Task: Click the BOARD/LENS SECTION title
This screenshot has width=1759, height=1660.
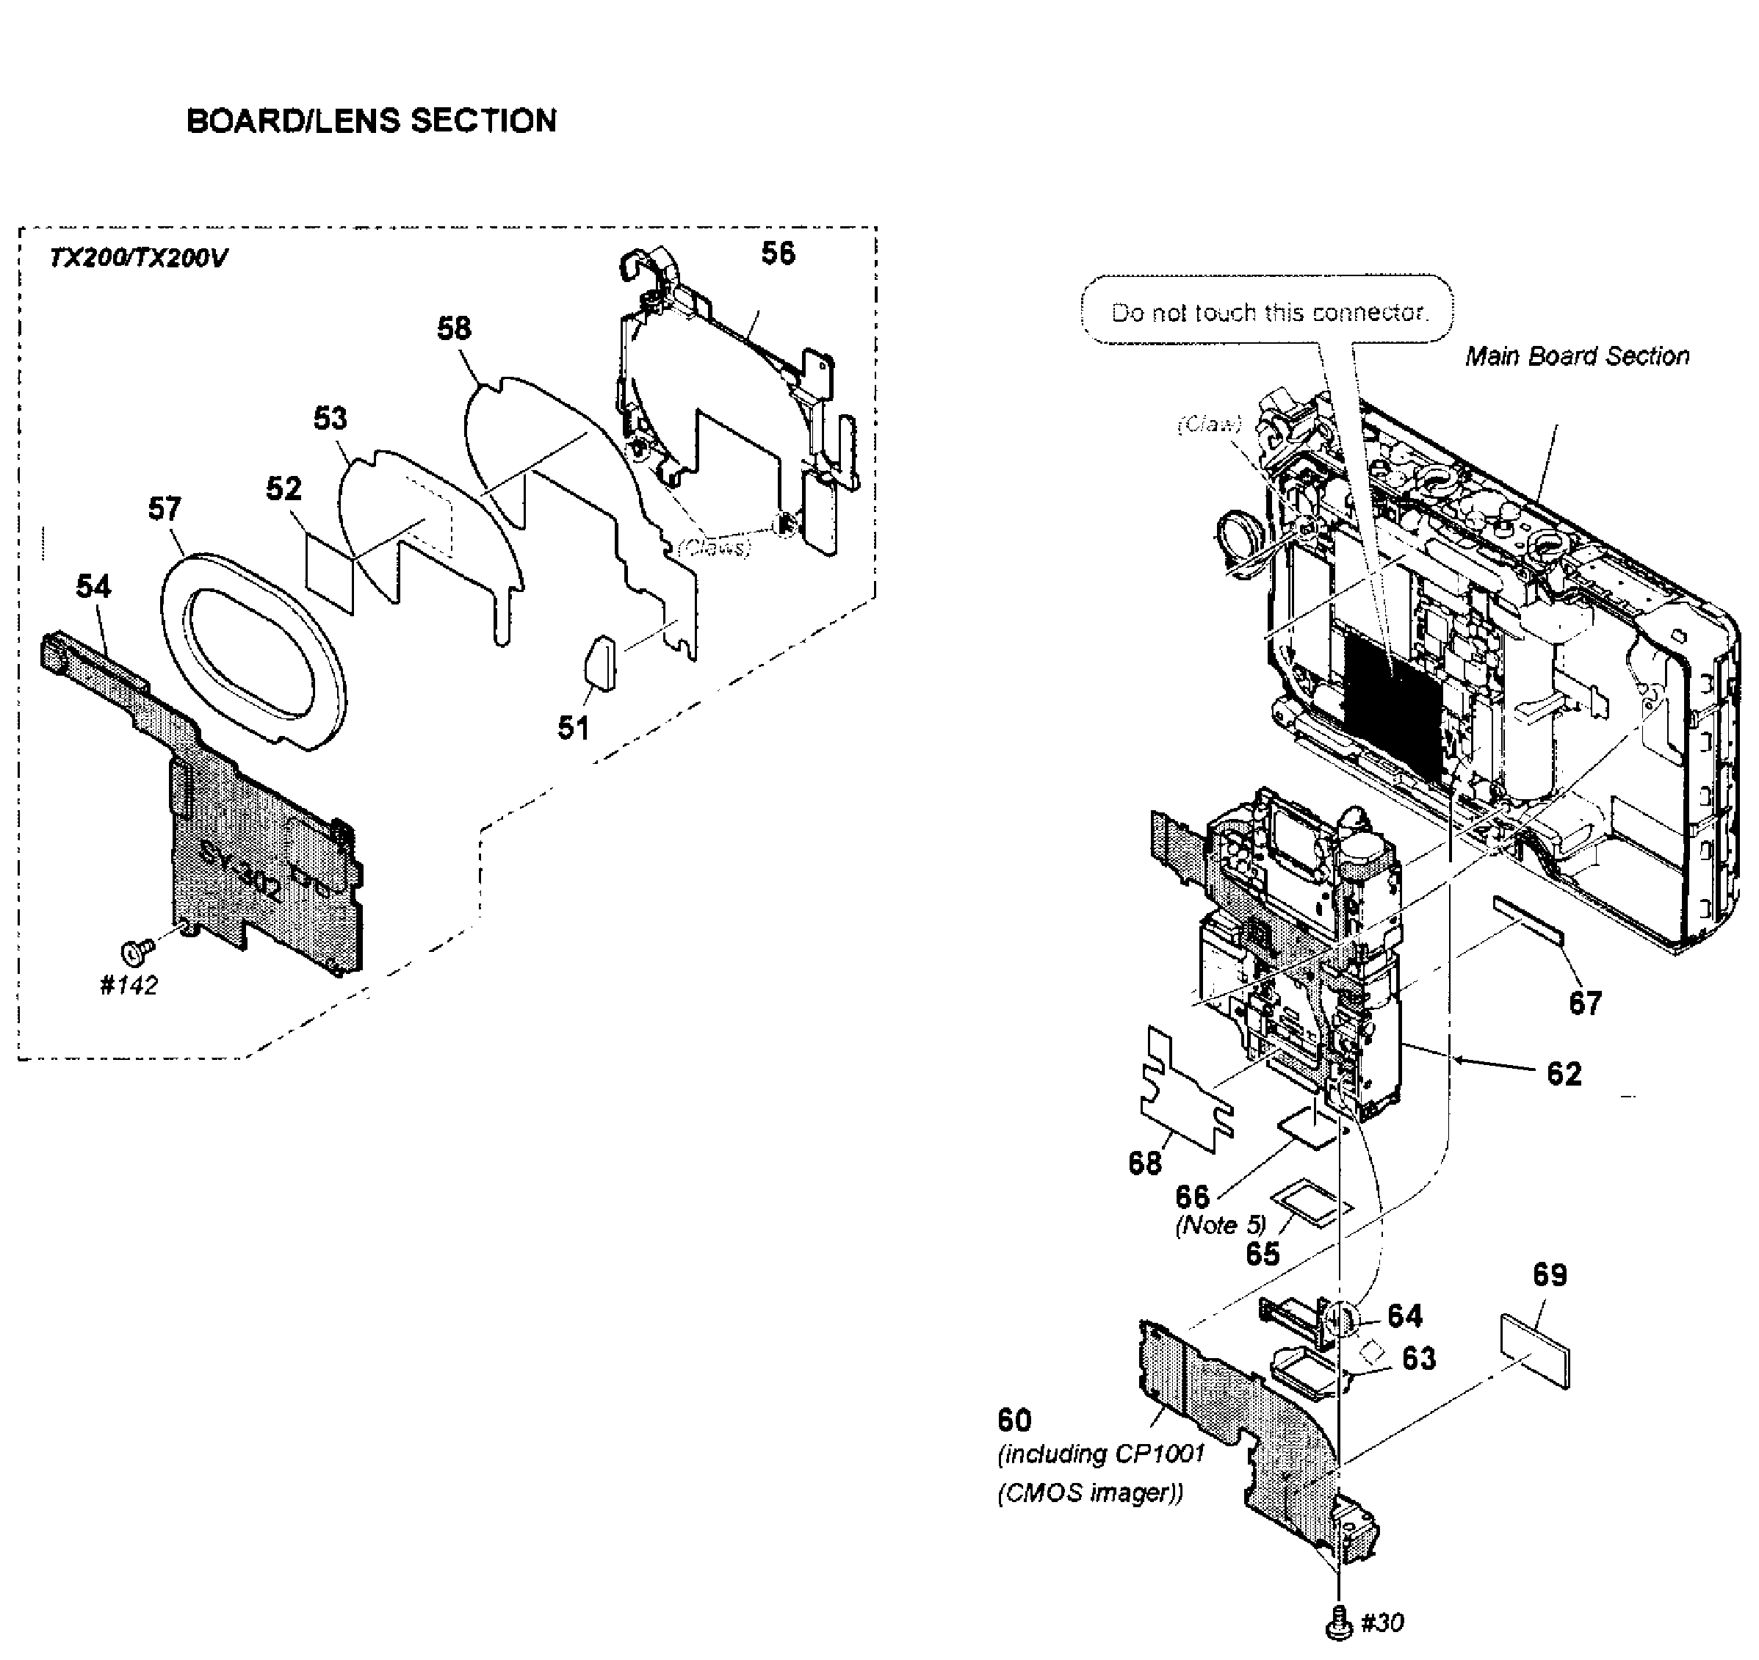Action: point(372,120)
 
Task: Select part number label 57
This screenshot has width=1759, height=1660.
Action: point(165,509)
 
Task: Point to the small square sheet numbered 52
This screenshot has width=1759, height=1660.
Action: point(329,571)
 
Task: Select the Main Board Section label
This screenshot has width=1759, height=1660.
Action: point(1577,356)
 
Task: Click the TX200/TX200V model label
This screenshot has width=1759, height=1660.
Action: point(138,259)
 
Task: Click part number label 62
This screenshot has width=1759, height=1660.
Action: point(1564,1073)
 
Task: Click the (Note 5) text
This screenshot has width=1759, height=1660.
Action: point(1220,1225)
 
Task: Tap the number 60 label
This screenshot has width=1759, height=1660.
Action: point(1014,1421)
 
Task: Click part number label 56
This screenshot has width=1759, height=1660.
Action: point(778,254)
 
